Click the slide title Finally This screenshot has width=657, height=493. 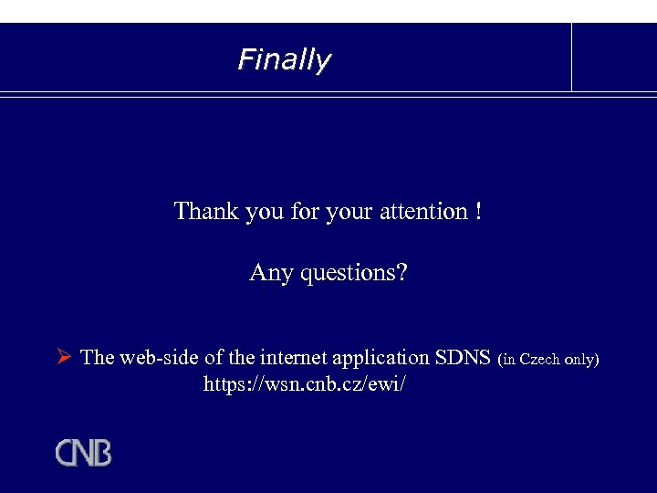(x=284, y=60)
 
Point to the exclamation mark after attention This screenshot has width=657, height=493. (x=478, y=212)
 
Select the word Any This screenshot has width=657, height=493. (x=269, y=273)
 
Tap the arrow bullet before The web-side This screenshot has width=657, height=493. (x=64, y=357)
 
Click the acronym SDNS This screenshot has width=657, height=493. (x=463, y=357)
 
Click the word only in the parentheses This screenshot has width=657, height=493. (x=581, y=359)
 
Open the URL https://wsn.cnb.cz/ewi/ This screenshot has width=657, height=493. (x=304, y=384)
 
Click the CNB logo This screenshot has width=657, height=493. (x=83, y=453)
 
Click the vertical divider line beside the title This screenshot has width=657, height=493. (x=572, y=57)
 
